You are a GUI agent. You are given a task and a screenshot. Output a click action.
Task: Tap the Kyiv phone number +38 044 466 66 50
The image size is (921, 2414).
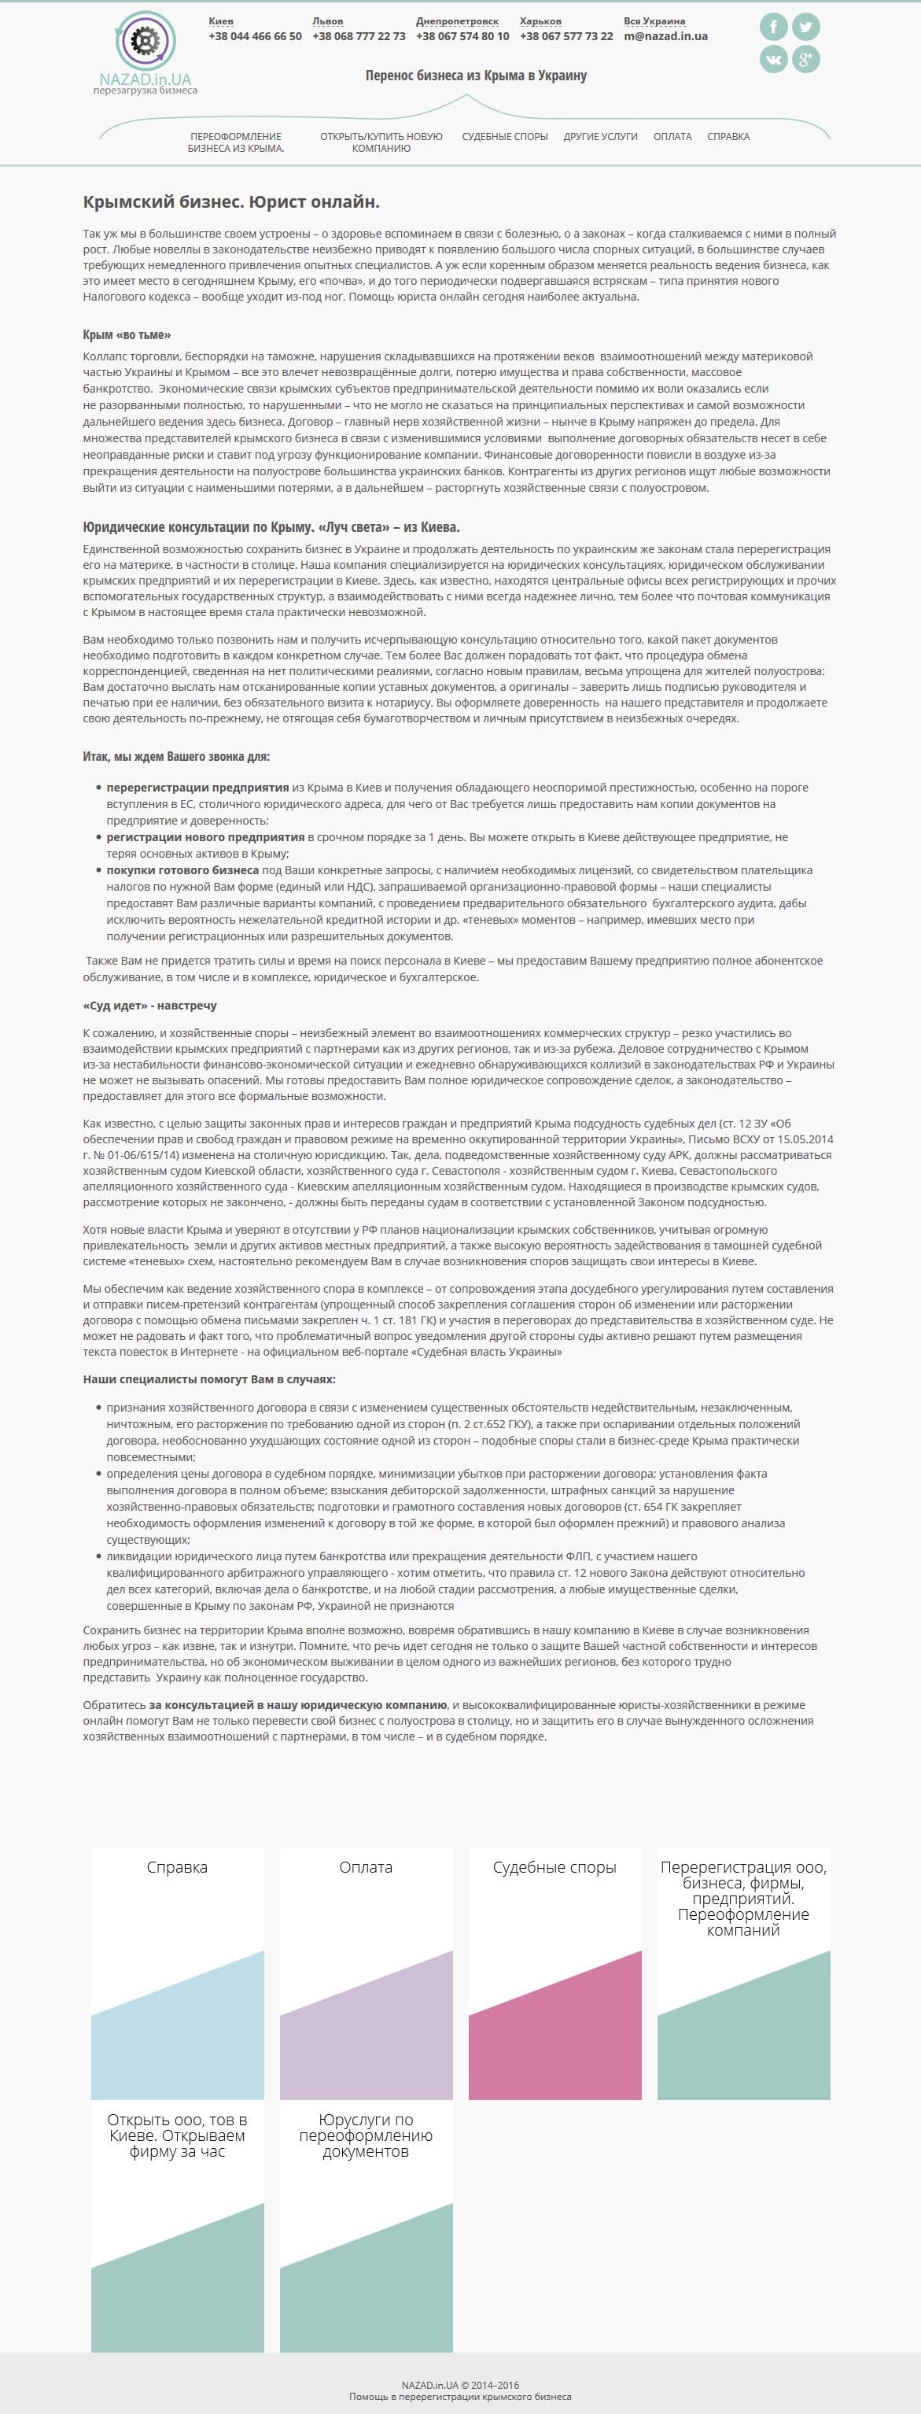(255, 36)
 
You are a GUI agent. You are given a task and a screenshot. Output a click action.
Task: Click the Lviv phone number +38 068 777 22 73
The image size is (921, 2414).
(359, 36)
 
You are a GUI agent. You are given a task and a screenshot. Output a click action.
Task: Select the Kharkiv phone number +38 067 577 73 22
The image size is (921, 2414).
(566, 36)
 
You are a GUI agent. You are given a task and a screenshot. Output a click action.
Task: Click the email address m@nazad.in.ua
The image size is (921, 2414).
(665, 36)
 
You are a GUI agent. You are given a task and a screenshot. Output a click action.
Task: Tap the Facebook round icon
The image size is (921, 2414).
(773, 26)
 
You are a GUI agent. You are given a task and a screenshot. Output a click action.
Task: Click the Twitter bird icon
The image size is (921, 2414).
(805, 26)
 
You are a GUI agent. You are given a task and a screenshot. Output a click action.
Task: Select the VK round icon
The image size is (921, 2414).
(773, 59)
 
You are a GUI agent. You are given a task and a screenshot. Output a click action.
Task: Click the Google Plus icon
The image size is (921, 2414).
(805, 59)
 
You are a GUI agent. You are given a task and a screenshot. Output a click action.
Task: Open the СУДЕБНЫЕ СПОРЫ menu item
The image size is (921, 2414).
(504, 137)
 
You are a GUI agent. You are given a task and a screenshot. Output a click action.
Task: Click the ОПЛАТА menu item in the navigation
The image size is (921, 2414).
(672, 137)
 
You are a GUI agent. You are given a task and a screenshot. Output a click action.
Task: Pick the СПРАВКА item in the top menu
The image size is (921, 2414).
(728, 137)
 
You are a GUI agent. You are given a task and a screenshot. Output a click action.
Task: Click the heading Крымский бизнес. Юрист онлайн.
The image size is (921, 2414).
(231, 202)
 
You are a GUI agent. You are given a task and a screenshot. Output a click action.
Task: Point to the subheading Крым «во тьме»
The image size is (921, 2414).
(127, 334)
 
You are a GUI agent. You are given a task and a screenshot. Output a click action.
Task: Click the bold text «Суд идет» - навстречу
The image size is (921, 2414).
(150, 1006)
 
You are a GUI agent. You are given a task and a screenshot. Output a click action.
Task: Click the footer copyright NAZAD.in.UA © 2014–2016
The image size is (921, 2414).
(460, 2385)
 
